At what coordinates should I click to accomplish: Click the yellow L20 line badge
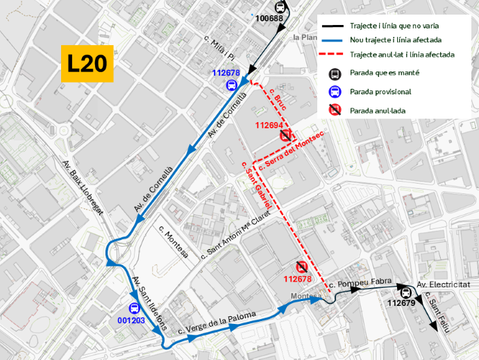click(87, 64)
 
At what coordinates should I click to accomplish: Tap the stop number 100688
click(269, 18)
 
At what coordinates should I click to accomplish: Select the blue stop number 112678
click(226, 73)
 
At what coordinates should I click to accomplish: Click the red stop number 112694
click(269, 126)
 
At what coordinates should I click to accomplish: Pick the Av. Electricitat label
click(444, 285)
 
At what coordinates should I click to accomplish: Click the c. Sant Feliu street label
click(438, 315)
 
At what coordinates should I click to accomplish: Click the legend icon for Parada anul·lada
click(334, 109)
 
